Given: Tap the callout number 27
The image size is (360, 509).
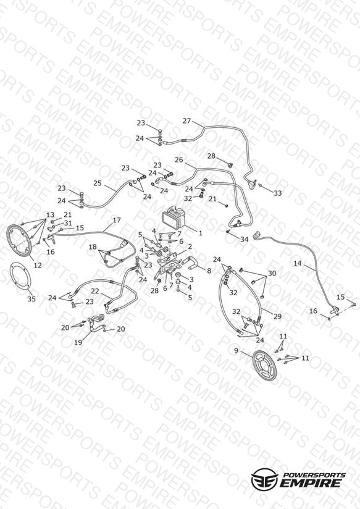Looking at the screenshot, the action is (x=186, y=121).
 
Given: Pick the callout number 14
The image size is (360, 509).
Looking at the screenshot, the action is (x=298, y=263).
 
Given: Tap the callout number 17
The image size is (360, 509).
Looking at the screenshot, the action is (x=117, y=220).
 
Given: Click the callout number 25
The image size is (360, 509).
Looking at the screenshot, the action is (x=98, y=183).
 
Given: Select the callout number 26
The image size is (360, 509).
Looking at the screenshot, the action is (x=179, y=160).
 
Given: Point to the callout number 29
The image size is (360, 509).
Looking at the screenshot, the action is (x=277, y=316).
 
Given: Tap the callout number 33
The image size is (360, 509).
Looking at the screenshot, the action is (x=277, y=193).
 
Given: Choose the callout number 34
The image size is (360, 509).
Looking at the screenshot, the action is (x=244, y=239).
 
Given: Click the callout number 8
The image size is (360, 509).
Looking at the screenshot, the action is (x=209, y=270).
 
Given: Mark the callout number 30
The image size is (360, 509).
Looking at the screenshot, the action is (x=272, y=273).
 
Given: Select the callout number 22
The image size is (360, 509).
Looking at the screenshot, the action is (x=95, y=291).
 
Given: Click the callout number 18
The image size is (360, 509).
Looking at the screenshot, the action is (x=93, y=247).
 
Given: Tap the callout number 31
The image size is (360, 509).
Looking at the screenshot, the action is (x=68, y=223).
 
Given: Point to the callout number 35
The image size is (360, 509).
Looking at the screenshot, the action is (x=31, y=299).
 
